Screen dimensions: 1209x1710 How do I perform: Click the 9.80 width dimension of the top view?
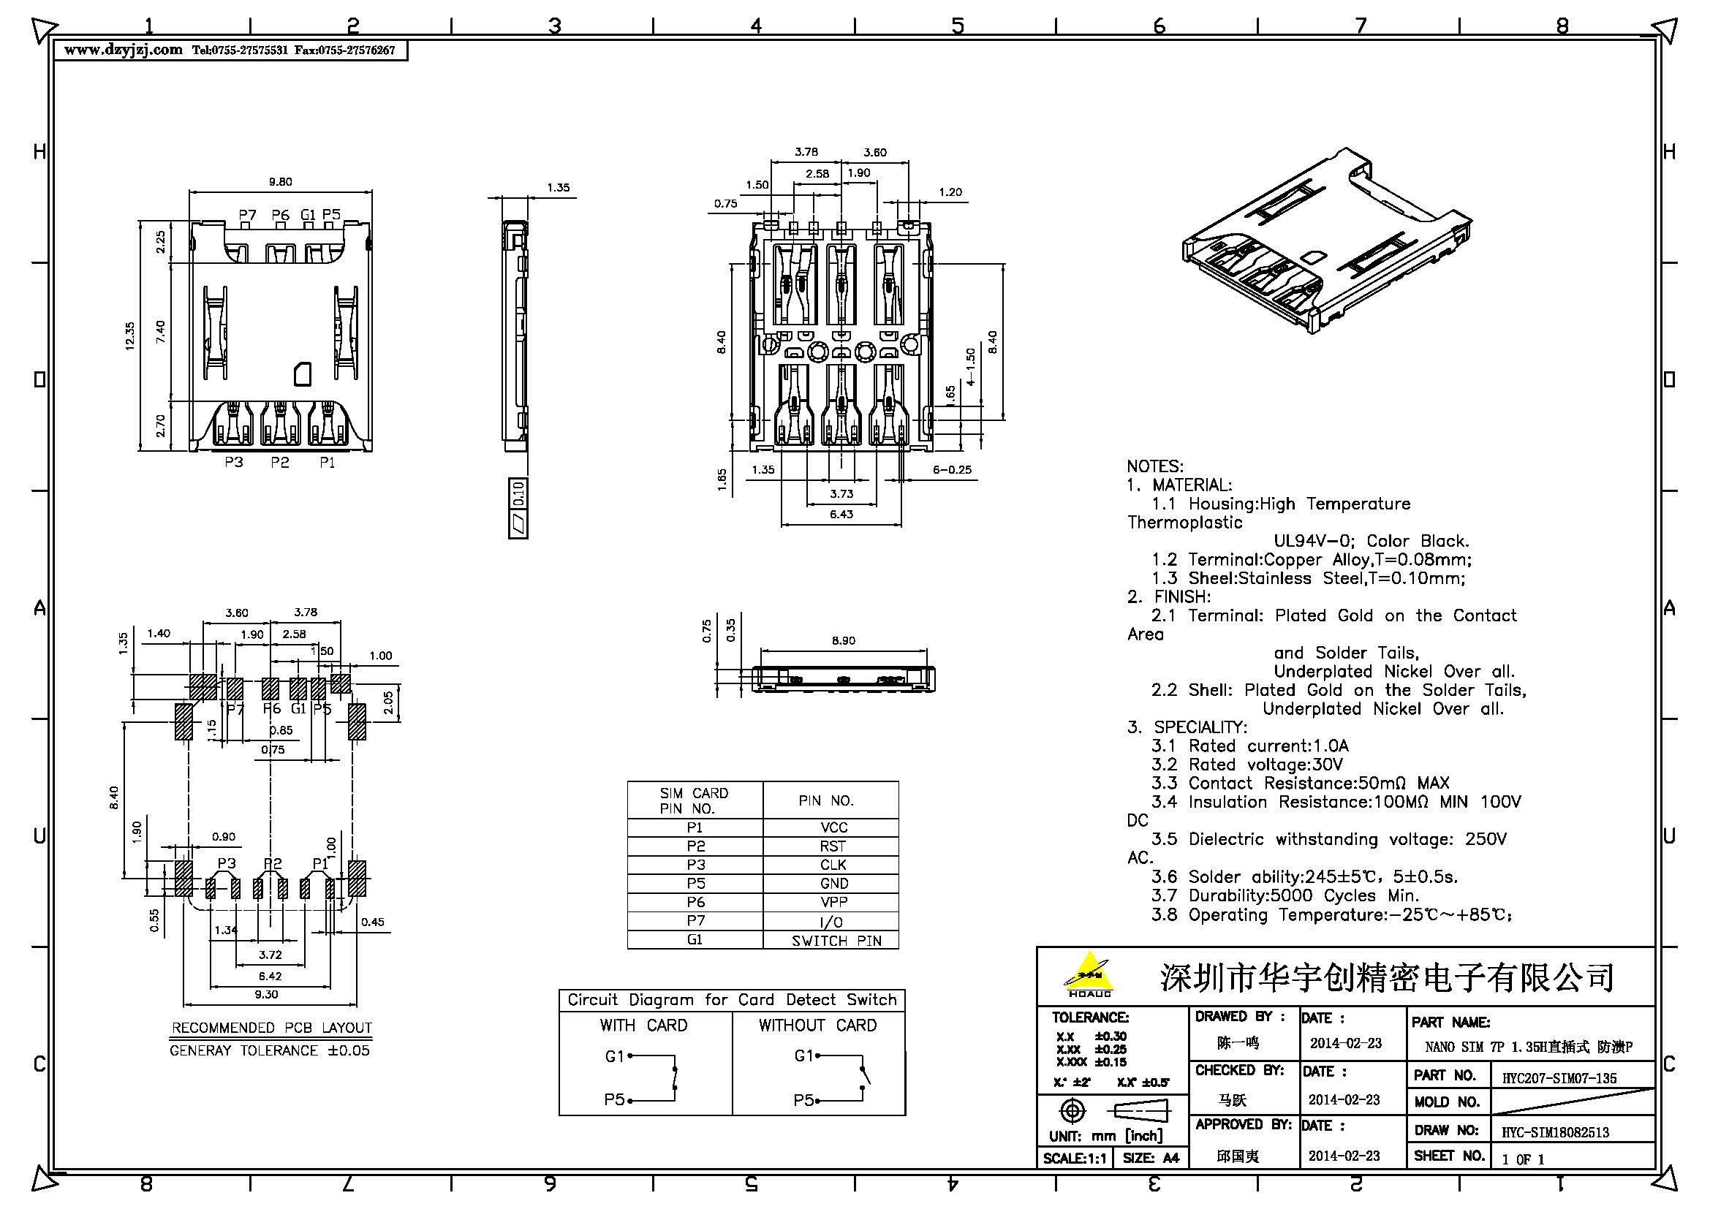280,182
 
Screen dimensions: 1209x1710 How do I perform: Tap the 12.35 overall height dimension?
130,336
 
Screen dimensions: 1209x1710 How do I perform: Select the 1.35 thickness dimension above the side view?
558,188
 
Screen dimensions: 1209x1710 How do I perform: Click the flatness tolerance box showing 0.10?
518,493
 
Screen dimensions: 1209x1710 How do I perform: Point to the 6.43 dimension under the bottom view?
841,515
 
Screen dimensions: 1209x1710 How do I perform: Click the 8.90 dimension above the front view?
843,640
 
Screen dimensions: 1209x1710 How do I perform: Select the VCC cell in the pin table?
833,828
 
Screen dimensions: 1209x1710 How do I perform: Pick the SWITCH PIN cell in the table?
836,941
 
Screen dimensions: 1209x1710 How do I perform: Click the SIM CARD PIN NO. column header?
693,800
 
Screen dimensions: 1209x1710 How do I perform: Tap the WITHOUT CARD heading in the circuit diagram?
817,1026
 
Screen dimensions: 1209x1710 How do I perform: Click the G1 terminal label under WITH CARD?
613,1055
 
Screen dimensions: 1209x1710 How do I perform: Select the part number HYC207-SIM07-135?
1558,1078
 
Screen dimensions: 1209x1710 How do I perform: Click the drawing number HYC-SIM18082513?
1554,1132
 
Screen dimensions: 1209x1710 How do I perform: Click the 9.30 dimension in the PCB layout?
266,995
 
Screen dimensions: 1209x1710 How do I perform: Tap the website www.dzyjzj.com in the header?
123,50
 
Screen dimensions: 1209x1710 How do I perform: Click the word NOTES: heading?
1154,467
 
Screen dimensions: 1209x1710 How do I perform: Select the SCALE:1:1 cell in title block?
1074,1159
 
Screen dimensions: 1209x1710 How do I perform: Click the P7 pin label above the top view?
247,215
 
